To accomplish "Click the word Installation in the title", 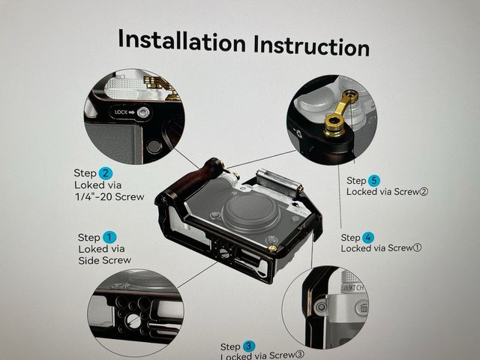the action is [x=181, y=40].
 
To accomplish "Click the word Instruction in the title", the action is [x=312, y=46].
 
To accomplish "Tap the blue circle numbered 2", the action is [x=106, y=173].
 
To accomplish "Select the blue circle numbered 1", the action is [x=109, y=237].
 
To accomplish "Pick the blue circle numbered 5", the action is [x=373, y=181].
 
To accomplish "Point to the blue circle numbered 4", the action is [x=368, y=238].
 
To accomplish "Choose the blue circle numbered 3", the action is [x=249, y=346].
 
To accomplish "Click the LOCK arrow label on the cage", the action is [x=124, y=112].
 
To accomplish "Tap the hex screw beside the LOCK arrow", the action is [x=143, y=112].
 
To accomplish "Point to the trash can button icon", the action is [x=363, y=307].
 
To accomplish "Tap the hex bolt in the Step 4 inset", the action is [x=320, y=307].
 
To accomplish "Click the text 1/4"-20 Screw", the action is [x=109, y=196].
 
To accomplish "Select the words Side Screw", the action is [x=105, y=260].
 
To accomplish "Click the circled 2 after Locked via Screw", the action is [x=423, y=192].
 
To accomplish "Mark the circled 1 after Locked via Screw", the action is [x=417, y=248].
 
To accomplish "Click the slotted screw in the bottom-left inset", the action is [x=133, y=320].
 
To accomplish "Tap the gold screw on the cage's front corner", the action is [x=271, y=248].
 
